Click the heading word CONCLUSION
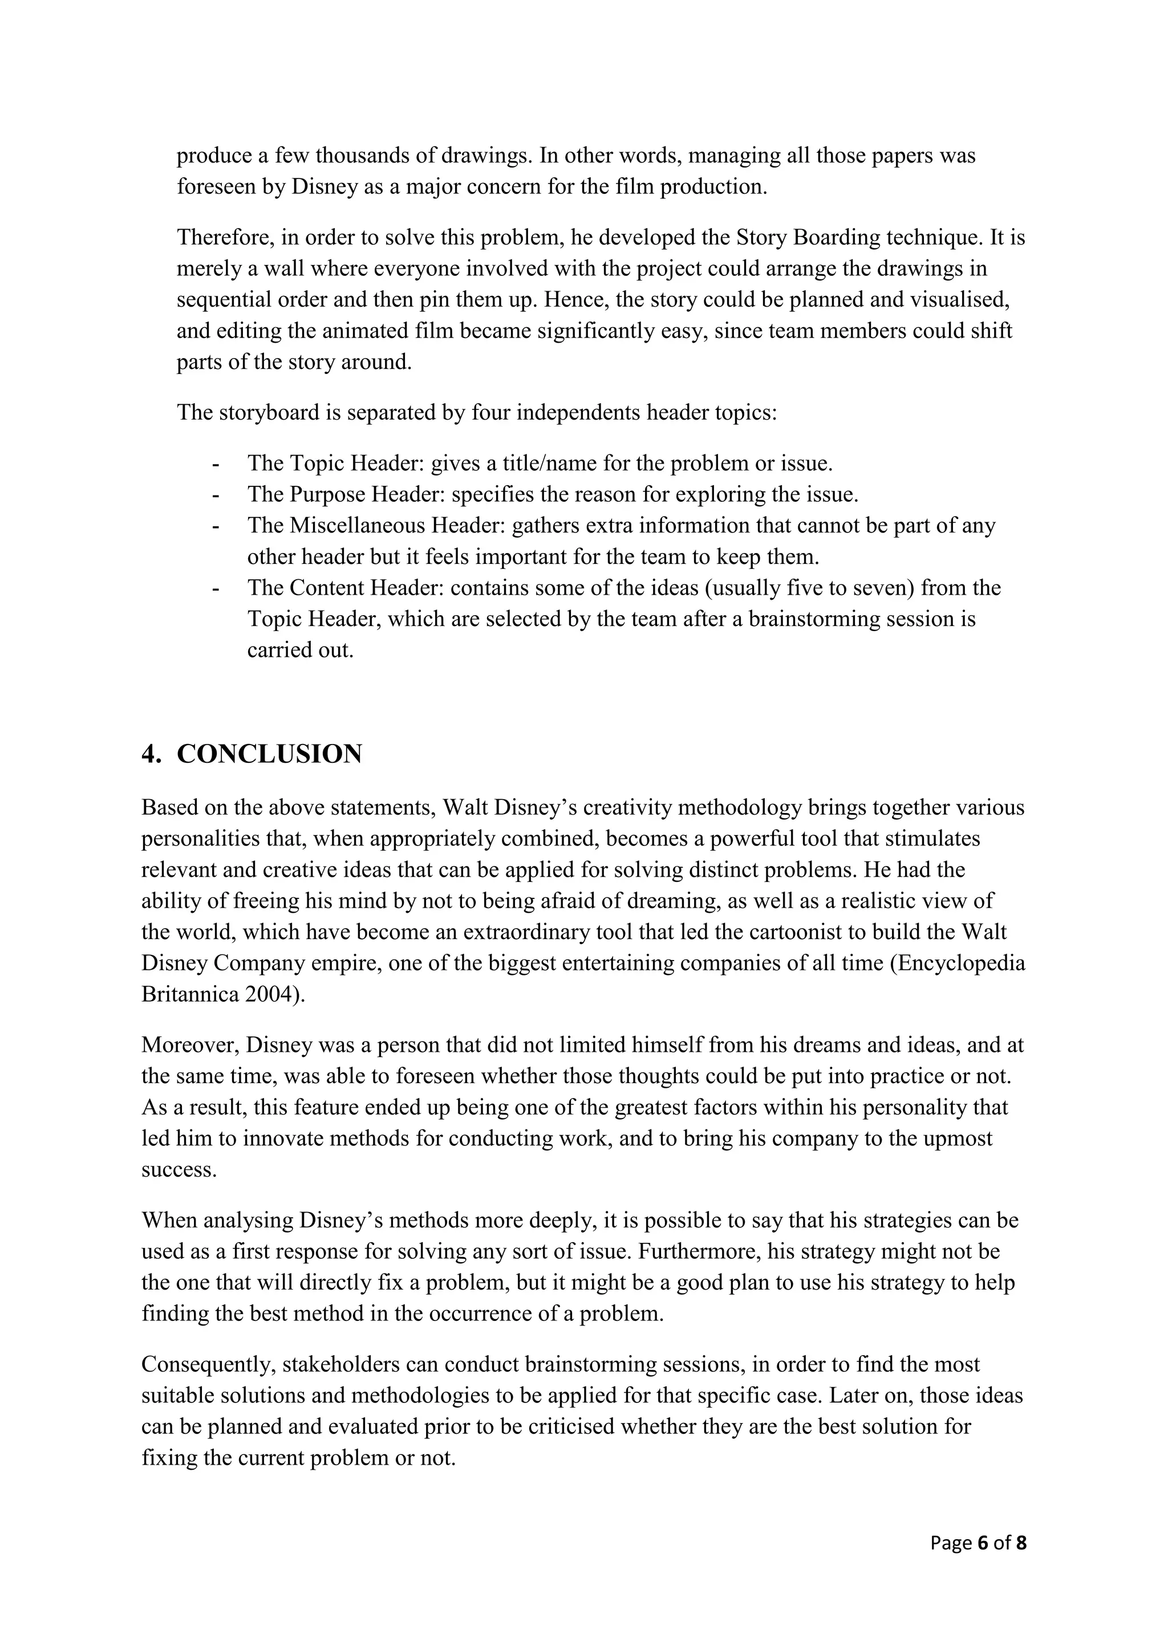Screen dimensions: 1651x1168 pyautogui.click(x=269, y=754)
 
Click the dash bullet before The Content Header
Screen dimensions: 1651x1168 pyautogui.click(x=215, y=588)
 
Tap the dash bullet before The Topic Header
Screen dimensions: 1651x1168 pyautogui.click(x=215, y=464)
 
